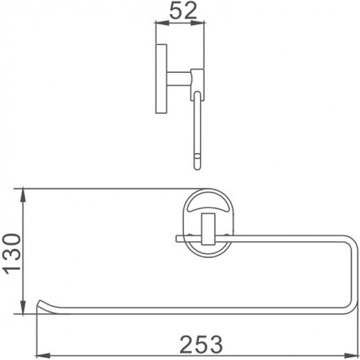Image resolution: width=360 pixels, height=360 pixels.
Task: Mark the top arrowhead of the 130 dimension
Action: [25, 190]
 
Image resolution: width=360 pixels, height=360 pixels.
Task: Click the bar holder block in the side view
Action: [197, 80]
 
